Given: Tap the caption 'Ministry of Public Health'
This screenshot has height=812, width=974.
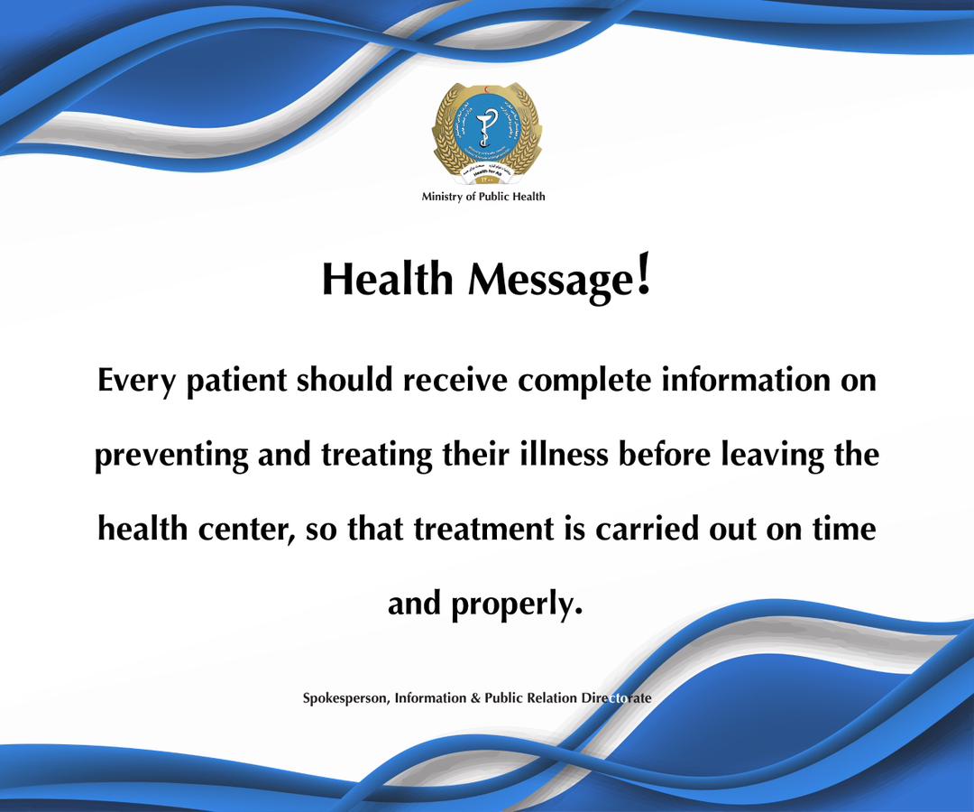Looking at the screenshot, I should (483, 197).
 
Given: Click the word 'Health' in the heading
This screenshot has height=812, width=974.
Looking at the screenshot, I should (387, 281).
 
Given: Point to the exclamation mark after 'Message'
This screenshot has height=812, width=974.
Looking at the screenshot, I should (643, 274).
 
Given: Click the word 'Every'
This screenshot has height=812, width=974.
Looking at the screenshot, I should (135, 381).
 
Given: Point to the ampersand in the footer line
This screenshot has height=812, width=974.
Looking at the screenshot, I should (475, 698).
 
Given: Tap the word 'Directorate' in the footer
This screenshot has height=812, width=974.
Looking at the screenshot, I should (617, 698).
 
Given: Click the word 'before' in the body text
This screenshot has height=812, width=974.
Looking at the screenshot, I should (663, 454).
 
